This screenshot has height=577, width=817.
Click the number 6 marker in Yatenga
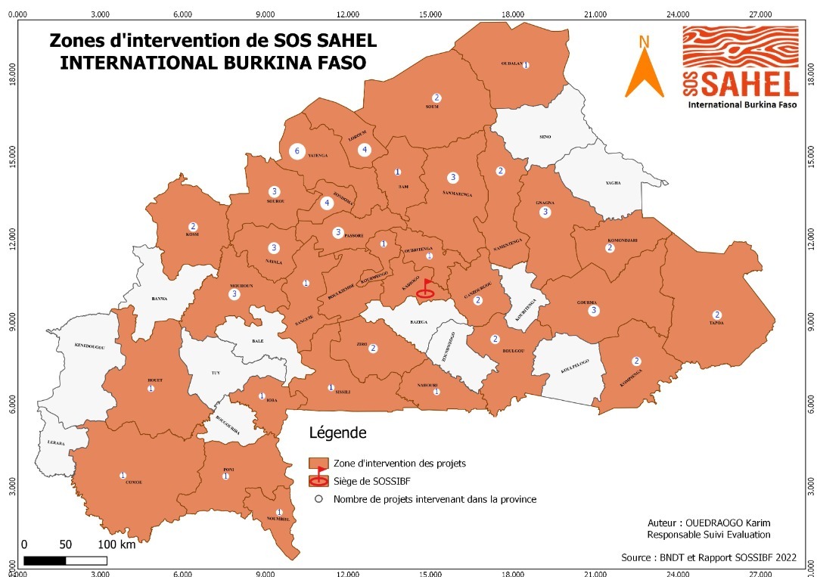click(x=297, y=152)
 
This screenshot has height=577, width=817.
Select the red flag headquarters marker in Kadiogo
click(x=427, y=288)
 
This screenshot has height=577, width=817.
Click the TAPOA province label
click(x=716, y=323)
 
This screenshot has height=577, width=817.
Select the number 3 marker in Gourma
click(x=594, y=311)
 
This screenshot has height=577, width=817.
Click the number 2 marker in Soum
click(x=436, y=98)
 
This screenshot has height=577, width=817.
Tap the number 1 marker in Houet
click(x=151, y=388)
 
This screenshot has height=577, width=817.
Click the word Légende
click(x=337, y=433)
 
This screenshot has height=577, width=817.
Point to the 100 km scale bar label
click(x=116, y=544)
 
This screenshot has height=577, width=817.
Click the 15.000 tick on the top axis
click(x=430, y=14)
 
